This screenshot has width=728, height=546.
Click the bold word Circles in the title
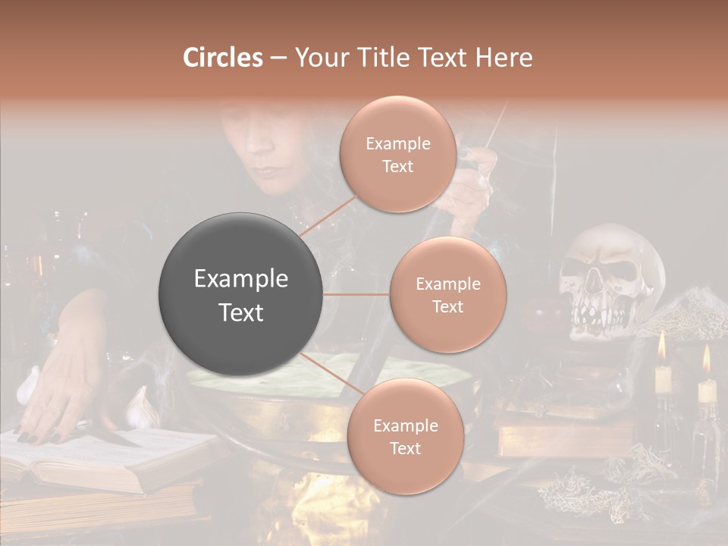click(223, 58)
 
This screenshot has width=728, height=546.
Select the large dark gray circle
click(241, 295)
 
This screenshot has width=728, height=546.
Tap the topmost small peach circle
click(397, 154)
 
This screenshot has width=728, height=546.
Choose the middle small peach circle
click(447, 294)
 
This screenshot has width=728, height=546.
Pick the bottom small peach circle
click(404, 436)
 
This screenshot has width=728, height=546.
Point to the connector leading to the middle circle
click(356, 294)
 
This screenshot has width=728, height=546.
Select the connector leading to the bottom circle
click(328, 375)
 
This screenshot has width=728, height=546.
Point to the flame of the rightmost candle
click(707, 359)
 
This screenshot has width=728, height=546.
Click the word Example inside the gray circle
click(241, 279)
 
